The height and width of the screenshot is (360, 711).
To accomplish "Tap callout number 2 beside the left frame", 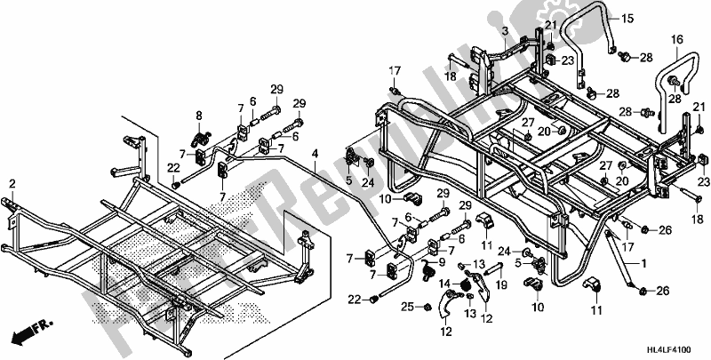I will coord(12,183).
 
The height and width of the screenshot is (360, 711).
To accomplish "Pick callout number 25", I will coord(405,307).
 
